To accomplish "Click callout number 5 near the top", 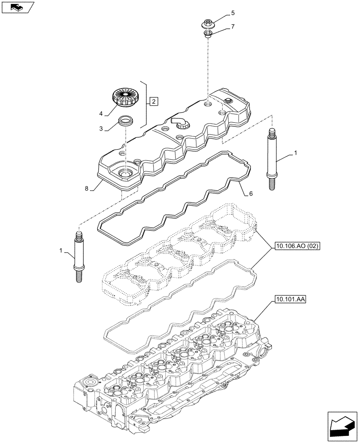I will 233,13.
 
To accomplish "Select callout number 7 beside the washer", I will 233,27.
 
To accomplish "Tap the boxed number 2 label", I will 153,102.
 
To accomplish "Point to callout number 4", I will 101,114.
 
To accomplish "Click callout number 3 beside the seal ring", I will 101,128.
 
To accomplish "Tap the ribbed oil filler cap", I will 126,97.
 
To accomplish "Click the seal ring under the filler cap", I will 125,120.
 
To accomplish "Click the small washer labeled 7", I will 207,34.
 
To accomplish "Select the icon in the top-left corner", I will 17,7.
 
